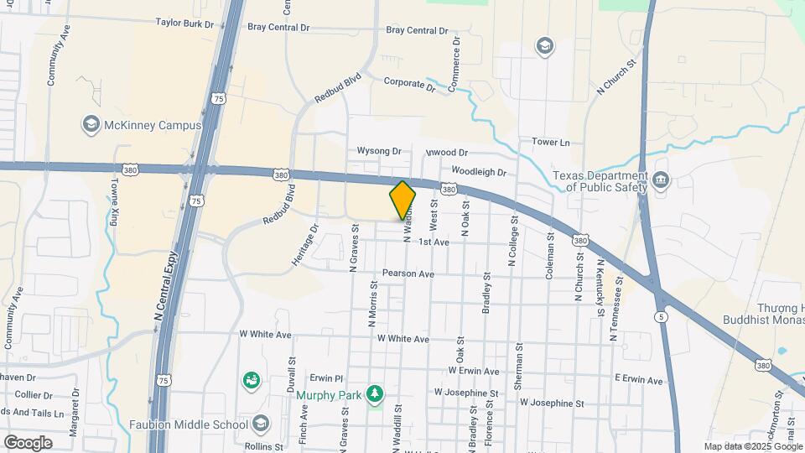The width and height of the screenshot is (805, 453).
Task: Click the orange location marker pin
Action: click(x=402, y=200)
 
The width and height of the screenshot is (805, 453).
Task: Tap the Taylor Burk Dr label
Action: click(x=185, y=24)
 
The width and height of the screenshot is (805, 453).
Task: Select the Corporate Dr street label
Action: click(x=410, y=84)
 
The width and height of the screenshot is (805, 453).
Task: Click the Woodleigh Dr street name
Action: click(x=480, y=172)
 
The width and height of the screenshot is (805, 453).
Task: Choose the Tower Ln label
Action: click(x=551, y=143)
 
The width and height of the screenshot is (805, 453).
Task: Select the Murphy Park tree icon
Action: click(x=376, y=393)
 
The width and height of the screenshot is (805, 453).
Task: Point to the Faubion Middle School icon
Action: click(x=261, y=424)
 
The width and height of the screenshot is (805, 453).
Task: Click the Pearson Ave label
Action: click(x=408, y=273)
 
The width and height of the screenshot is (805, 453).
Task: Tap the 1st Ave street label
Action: click(x=434, y=242)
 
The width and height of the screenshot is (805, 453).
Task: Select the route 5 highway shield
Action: click(x=662, y=315)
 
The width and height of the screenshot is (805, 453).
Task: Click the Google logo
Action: click(x=27, y=442)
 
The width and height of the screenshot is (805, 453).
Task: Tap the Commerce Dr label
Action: click(x=455, y=63)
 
